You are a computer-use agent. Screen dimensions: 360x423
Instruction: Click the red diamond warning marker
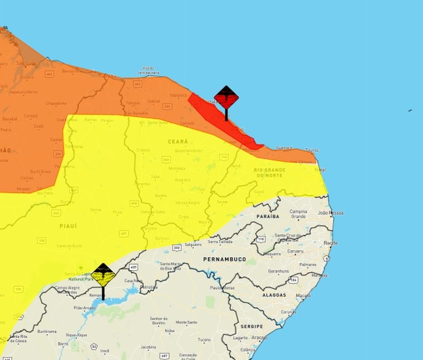(x=226, y=98)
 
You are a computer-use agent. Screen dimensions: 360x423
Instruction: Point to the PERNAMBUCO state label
(x=225, y=259)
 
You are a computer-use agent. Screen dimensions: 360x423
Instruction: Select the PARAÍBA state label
(x=268, y=216)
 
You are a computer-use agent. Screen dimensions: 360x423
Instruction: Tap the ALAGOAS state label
(x=274, y=295)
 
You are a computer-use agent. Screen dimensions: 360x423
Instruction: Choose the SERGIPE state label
(x=251, y=326)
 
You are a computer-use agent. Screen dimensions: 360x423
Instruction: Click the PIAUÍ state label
(x=68, y=225)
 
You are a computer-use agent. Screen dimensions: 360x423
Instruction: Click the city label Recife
(x=331, y=243)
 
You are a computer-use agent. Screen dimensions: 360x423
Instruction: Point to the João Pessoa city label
(x=331, y=212)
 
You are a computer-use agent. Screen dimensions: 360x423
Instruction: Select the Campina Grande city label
(x=298, y=214)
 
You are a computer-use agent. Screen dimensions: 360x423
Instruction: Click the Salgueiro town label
(x=193, y=244)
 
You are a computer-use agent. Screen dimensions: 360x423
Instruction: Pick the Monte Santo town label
(x=186, y=322)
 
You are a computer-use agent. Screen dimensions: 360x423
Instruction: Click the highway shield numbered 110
(x=261, y=239)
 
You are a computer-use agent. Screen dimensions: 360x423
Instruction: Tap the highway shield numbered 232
(x=177, y=247)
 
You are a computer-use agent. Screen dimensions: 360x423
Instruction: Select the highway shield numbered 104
(x=294, y=280)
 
